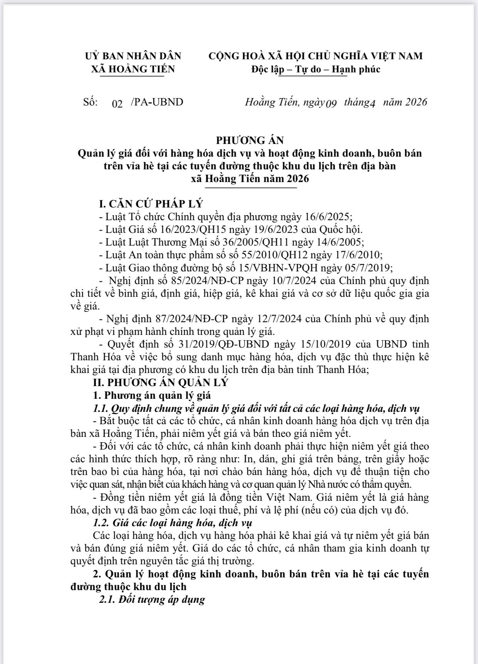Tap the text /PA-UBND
coord(157,102)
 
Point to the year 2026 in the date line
coord(416,102)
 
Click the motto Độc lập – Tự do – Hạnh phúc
coord(316,69)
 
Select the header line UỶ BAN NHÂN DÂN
coord(133,56)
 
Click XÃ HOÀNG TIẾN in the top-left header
coord(133,69)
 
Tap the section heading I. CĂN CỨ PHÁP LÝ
coord(151,204)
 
